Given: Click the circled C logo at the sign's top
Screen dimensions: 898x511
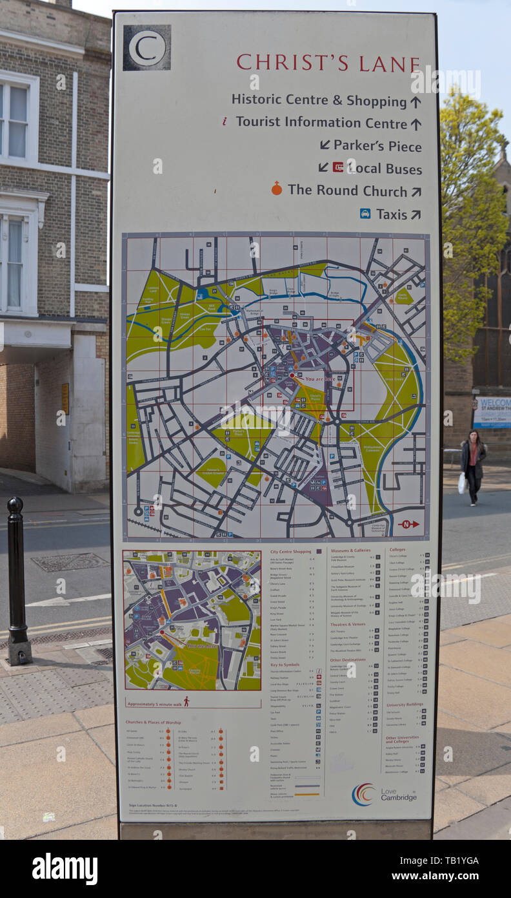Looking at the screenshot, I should [x=147, y=48].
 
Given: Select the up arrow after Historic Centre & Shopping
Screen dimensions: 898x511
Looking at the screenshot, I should [x=416, y=101].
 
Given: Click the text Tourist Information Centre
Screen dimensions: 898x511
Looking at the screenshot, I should [x=321, y=122].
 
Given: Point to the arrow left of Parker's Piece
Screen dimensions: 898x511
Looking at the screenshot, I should [x=325, y=145].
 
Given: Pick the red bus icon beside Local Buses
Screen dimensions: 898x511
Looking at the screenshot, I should [x=337, y=167].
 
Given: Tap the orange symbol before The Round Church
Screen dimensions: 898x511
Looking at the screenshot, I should [x=277, y=189].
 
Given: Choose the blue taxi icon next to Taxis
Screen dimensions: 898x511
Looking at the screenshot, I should [x=365, y=213].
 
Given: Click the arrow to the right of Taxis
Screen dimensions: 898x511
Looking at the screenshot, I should [x=416, y=214].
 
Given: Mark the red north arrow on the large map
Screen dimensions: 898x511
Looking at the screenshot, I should [x=408, y=524].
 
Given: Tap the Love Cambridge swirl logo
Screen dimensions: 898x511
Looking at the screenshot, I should [x=363, y=794].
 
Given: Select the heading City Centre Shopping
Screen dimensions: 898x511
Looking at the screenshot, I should [x=291, y=552].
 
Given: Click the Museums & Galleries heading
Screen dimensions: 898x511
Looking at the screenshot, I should [x=350, y=551].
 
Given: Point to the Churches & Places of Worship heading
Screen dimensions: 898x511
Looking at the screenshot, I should [x=154, y=722].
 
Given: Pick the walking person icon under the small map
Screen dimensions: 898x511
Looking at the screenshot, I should [x=186, y=701].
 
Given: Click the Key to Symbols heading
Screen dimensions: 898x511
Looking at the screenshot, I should [x=285, y=665].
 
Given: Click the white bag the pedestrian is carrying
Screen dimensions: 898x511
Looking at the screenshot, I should [x=461, y=483].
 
